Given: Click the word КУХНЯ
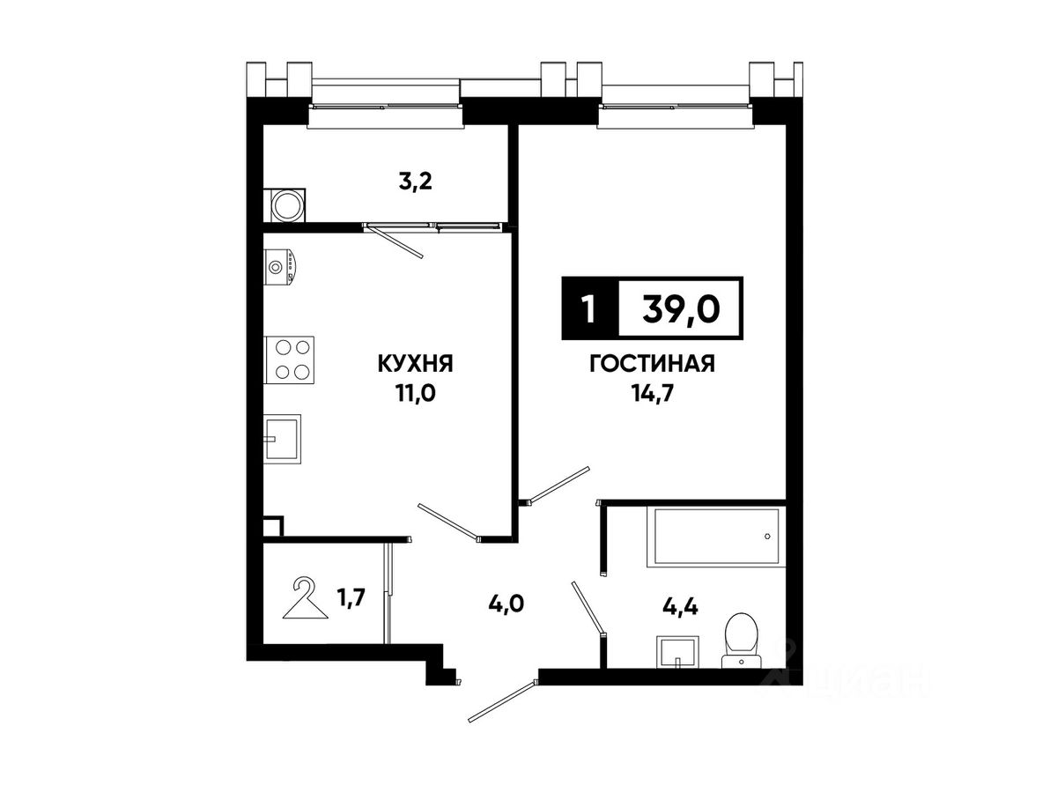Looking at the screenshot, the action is [415, 364].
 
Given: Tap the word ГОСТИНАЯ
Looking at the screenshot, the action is [652, 364].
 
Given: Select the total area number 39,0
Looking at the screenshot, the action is [681, 308].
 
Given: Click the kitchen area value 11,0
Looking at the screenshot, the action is [415, 394].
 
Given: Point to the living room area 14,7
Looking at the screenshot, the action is [652, 394].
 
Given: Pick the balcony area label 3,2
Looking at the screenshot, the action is [415, 182].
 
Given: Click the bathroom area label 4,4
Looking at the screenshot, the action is [680, 608].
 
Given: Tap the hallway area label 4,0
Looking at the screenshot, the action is [506, 604].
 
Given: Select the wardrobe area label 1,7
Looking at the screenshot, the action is [351, 599].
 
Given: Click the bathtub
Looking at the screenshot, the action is [713, 537].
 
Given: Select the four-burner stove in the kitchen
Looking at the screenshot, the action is [289, 360].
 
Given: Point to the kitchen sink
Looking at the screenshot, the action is [282, 439].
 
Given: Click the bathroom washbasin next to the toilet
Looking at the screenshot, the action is [677, 651].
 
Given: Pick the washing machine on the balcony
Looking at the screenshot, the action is [287, 205].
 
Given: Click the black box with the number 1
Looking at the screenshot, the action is [589, 308].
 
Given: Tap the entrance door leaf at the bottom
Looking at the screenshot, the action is [502, 701].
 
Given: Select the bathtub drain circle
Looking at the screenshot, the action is [767, 537].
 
